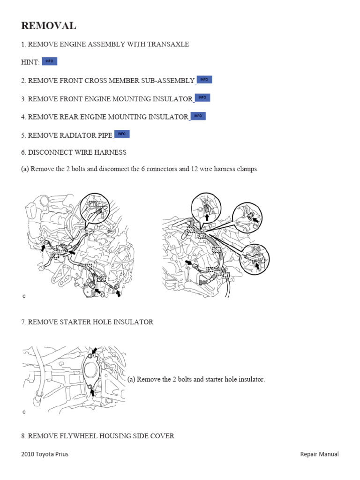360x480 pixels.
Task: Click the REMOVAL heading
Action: click(48, 26)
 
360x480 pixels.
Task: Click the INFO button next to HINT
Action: click(49, 61)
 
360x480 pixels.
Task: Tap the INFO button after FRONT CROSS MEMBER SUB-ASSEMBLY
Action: click(204, 80)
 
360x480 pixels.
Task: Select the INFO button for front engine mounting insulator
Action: click(202, 97)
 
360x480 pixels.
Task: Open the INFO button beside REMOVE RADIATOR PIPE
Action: click(121, 134)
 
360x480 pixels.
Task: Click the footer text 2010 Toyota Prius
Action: click(45, 454)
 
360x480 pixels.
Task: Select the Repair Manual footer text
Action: click(319, 454)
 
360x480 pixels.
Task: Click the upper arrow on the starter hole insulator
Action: click(95, 351)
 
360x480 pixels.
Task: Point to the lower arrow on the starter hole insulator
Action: click(93, 391)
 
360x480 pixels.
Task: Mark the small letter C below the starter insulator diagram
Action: click(23, 412)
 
